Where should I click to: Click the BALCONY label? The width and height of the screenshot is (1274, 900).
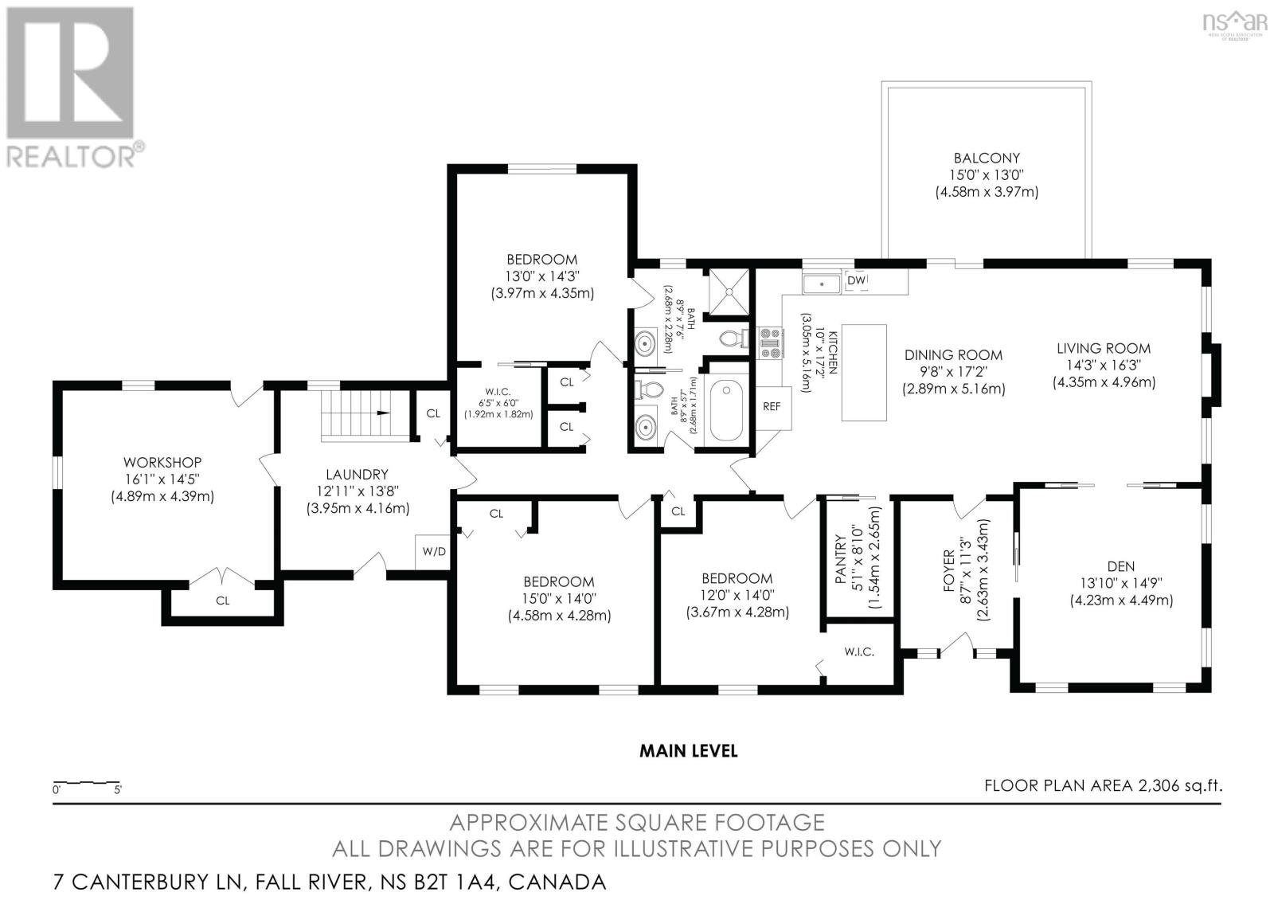(x=987, y=158)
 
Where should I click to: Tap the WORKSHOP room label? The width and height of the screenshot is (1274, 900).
(x=162, y=462)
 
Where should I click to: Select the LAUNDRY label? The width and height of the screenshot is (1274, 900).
(x=358, y=474)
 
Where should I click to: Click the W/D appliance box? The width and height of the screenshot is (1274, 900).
(x=434, y=551)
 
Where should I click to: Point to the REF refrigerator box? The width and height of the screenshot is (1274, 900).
(x=773, y=408)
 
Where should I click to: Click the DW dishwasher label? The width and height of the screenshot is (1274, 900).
(x=856, y=280)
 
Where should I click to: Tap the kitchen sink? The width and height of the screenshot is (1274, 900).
(x=821, y=284)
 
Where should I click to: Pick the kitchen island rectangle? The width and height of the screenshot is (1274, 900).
(x=864, y=373)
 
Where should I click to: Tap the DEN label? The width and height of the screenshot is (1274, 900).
(x=1120, y=566)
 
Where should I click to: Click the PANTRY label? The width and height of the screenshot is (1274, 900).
(x=841, y=559)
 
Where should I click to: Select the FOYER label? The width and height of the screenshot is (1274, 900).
(x=948, y=570)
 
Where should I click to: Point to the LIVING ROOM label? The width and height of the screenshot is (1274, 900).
(x=1104, y=348)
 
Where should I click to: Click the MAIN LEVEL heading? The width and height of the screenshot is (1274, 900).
(x=688, y=751)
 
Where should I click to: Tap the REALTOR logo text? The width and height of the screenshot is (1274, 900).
(x=71, y=155)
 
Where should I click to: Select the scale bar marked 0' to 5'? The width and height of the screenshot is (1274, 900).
(x=87, y=784)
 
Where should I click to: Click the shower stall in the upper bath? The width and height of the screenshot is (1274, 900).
(x=729, y=292)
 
